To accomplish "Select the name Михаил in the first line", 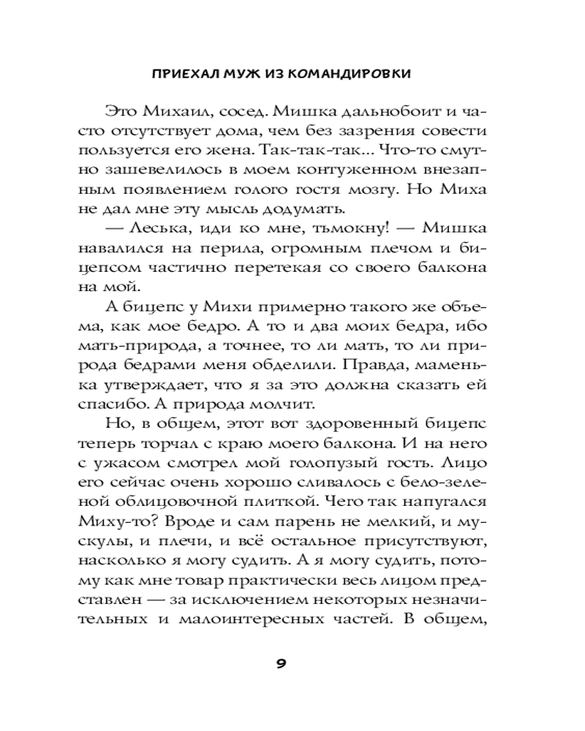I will click(x=165, y=110).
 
